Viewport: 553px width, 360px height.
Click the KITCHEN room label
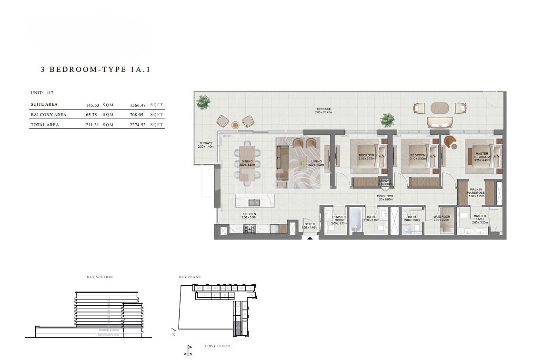coord(249,214)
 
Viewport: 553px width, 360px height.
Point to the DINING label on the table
coord(247,161)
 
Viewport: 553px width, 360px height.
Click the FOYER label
coord(309,224)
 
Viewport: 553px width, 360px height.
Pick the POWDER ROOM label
coord(339,218)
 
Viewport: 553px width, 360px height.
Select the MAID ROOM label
coord(442,217)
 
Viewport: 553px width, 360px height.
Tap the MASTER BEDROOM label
coord(482,155)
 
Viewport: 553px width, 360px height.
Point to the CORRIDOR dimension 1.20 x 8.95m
coord(385,200)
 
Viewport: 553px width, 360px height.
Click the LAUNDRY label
coord(385,181)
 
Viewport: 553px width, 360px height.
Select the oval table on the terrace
coord(439,108)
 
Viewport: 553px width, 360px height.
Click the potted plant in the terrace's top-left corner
coord(203,101)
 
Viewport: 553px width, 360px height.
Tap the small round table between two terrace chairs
coord(235,125)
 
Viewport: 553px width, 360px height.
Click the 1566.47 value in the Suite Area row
coord(138,105)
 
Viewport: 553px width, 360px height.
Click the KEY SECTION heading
coord(100,277)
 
